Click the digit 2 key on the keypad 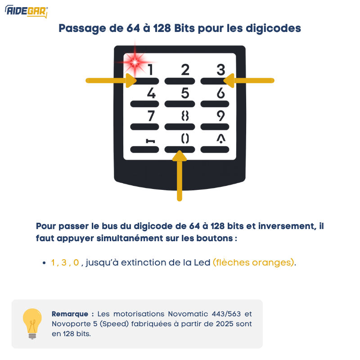point(185,70)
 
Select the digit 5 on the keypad point(185,93)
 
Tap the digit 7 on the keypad point(151,116)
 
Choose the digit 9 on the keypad point(220,116)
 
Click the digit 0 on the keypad point(185,139)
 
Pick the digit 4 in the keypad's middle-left point(152,93)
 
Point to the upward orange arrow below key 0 point(180,175)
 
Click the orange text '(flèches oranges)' point(254,262)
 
